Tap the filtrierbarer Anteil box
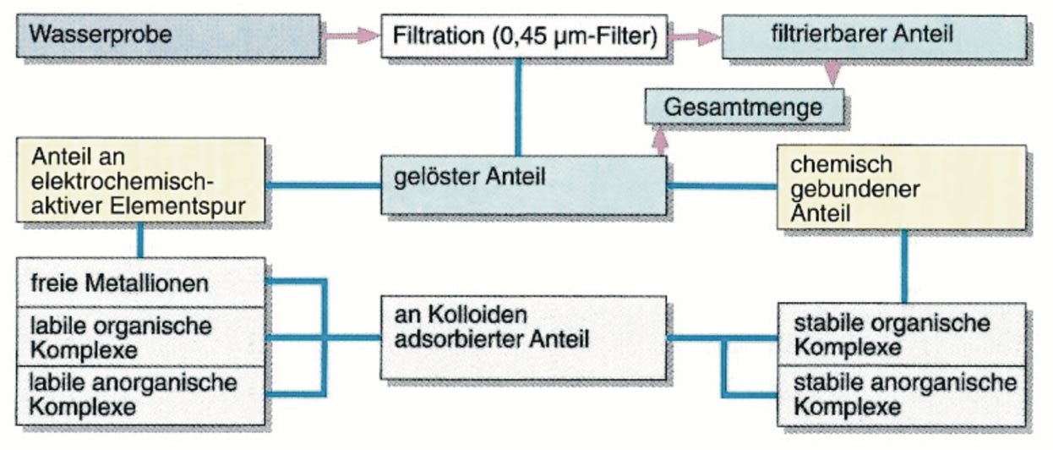point(875,36)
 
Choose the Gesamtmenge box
point(745,107)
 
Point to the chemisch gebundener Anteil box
point(901,187)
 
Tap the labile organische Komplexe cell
point(140,337)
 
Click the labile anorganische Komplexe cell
point(140,394)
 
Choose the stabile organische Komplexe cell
point(901,335)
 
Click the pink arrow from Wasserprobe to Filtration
point(351,36)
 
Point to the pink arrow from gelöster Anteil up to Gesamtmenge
point(660,139)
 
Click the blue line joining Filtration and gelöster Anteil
point(517,106)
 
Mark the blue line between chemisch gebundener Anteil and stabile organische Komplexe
point(904,266)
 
